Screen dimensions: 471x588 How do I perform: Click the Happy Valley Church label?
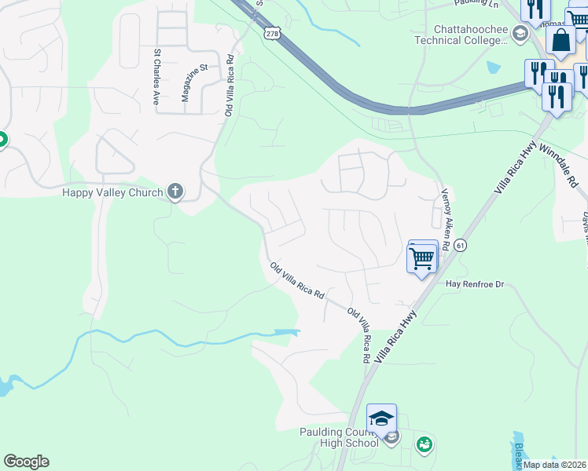[112, 192]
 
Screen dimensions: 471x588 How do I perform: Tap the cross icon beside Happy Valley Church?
[175, 192]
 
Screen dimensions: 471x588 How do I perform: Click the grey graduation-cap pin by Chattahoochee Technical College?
[519, 34]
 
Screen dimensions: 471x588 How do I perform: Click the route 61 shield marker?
[460, 246]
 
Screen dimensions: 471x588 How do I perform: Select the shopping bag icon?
[561, 40]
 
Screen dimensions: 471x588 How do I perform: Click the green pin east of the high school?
[424, 444]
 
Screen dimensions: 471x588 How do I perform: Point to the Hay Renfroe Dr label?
[473, 283]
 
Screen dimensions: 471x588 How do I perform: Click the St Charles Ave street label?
[156, 78]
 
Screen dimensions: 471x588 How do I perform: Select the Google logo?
[26, 462]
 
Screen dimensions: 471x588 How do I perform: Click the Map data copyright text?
[554, 465]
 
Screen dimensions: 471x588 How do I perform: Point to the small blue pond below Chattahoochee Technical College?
[493, 67]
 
